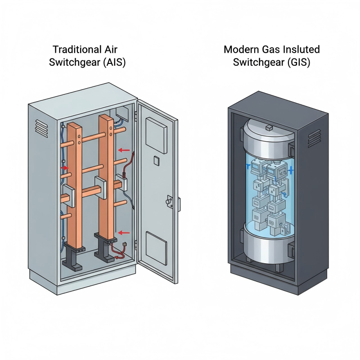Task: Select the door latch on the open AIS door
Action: click(x=170, y=201)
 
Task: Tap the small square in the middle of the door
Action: click(x=156, y=160)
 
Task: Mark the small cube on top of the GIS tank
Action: click(x=269, y=128)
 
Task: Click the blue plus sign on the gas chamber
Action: click(x=292, y=170)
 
